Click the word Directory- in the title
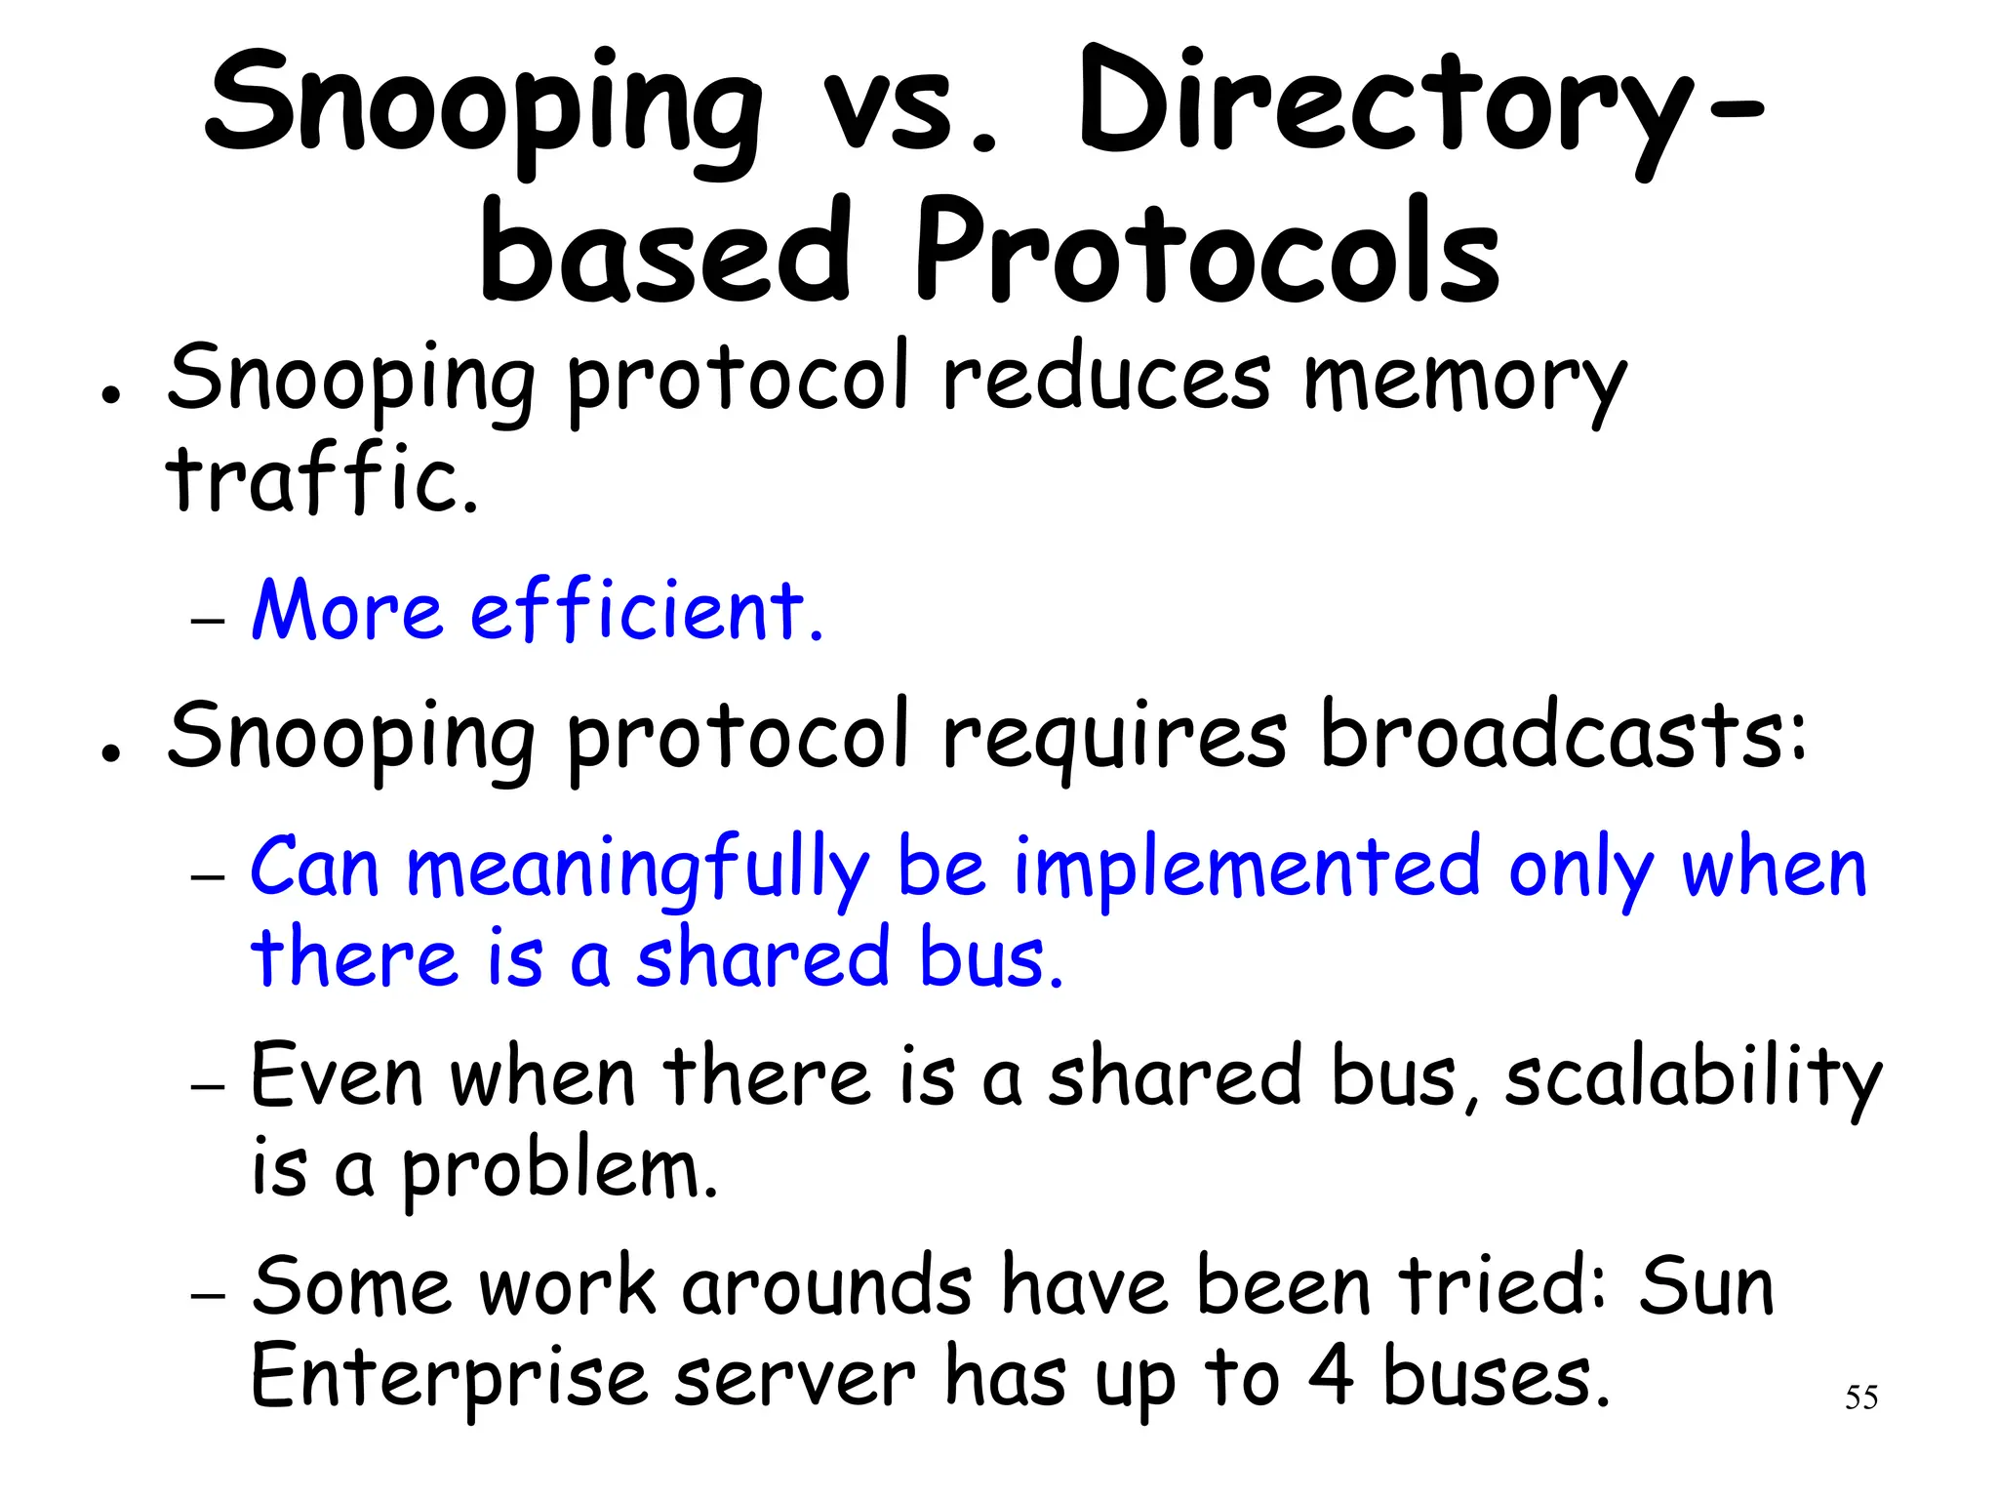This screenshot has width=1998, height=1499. click(x=1419, y=107)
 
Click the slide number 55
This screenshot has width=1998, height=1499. click(x=1860, y=1398)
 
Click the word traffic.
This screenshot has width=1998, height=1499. click(x=323, y=480)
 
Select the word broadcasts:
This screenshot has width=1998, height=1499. click(x=1562, y=738)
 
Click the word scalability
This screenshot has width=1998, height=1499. click(x=1693, y=1078)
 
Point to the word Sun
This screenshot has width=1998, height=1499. click(x=1706, y=1287)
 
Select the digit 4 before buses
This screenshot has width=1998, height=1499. click(x=1331, y=1376)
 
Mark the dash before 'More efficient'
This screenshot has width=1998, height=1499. click(x=208, y=621)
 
